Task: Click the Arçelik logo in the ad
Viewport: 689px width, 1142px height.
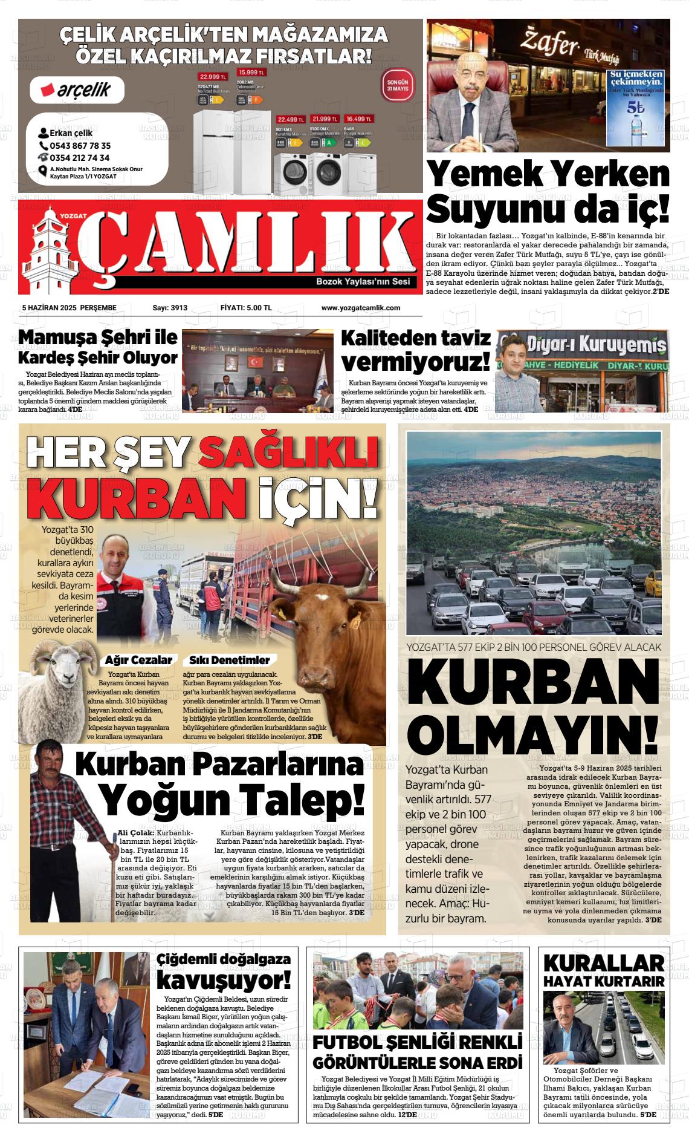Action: click(77, 90)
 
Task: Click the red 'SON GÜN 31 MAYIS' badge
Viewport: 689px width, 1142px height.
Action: click(398, 85)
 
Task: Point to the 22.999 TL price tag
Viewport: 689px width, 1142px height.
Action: click(212, 77)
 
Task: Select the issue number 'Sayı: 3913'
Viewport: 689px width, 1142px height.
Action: click(170, 308)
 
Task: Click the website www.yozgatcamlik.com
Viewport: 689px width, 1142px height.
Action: click(360, 308)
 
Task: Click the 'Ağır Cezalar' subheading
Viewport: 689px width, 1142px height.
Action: click(138, 660)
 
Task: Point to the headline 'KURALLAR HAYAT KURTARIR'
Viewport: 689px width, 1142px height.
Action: click(603, 970)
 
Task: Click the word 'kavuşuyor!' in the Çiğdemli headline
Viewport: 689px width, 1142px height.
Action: click(223, 979)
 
